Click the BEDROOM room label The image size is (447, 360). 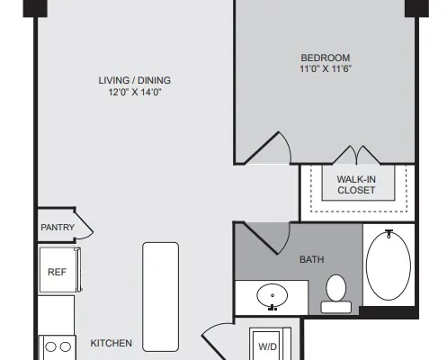point(326,58)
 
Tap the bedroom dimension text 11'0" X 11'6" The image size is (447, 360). point(326,68)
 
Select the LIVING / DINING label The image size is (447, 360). point(135,80)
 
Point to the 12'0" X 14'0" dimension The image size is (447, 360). point(135,92)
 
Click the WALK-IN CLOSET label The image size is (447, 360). point(356,184)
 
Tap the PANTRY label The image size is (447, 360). point(58,228)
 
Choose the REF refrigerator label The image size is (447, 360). point(57,272)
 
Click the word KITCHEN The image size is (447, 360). point(112,343)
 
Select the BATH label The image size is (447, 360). point(312,259)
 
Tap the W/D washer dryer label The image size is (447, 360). point(267,346)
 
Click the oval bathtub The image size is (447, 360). point(389,265)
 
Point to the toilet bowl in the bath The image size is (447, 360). point(335,288)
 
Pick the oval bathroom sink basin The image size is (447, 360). point(273,295)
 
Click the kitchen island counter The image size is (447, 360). point(161,297)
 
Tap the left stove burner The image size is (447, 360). point(50,347)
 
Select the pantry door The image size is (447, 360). point(84,226)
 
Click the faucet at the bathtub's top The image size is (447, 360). point(389,233)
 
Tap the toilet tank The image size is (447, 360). point(335,307)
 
